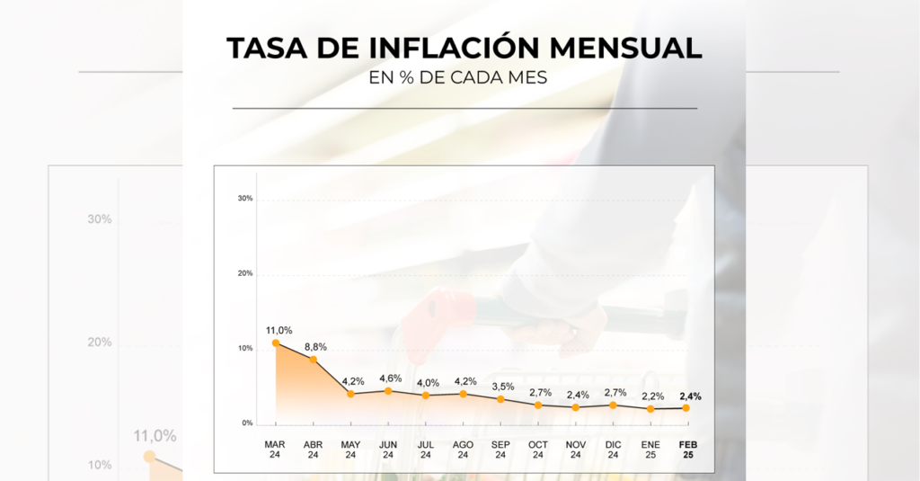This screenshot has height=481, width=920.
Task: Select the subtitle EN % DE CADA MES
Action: (x=458, y=77)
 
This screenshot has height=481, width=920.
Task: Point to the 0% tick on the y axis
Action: (x=246, y=423)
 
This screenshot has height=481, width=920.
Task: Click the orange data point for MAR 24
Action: (x=276, y=343)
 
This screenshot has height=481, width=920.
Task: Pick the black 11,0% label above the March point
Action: (x=279, y=330)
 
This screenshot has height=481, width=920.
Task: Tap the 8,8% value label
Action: (x=316, y=346)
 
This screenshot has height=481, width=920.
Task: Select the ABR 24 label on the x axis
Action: (x=313, y=450)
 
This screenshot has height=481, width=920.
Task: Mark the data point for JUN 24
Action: (x=388, y=391)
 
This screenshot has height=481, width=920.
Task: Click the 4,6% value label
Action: (x=391, y=378)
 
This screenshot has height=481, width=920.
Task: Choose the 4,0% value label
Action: (x=429, y=382)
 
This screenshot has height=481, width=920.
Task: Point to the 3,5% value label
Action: (x=503, y=386)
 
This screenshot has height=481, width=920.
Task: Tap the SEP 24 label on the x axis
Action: (x=500, y=450)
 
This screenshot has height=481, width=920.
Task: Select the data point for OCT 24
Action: (x=538, y=405)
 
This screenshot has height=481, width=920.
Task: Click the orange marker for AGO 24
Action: (x=464, y=394)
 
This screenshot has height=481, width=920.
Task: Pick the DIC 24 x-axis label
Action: (x=613, y=450)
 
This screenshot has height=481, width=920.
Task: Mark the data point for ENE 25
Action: (x=650, y=409)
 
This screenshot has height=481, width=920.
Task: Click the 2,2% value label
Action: (x=653, y=396)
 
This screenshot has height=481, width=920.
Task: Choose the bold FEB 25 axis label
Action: (x=688, y=450)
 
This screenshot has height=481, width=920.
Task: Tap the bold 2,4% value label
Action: (x=691, y=396)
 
